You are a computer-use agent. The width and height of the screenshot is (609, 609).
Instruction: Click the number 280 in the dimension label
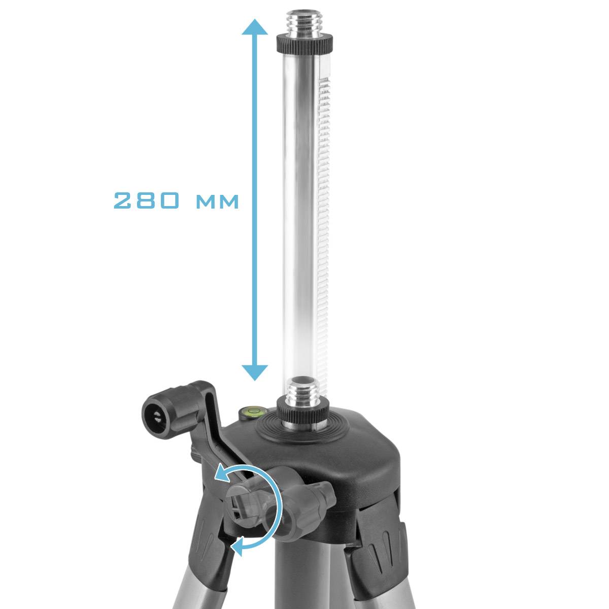tap(146, 201)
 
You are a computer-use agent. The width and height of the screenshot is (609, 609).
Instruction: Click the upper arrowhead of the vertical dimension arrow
tap(254, 28)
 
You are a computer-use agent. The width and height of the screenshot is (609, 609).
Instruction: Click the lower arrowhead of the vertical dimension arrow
tap(254, 373)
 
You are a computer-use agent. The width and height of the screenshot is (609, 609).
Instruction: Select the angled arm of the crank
tap(218, 431)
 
